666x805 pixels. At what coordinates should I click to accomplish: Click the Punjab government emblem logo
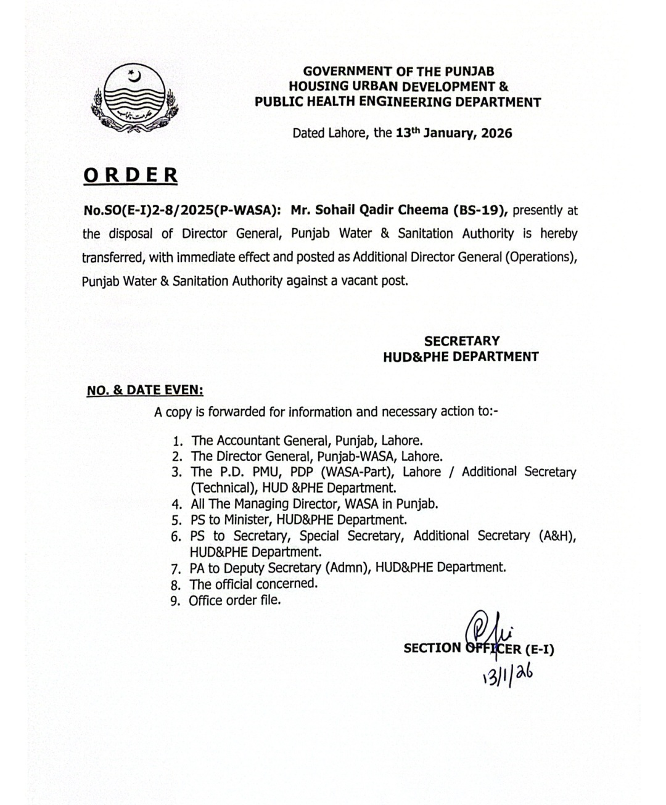click(x=133, y=99)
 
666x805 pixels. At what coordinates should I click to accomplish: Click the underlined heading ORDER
click(x=131, y=175)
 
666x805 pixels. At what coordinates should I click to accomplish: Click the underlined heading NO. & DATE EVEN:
click(x=145, y=390)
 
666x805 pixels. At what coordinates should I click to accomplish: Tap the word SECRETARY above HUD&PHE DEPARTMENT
click(x=461, y=340)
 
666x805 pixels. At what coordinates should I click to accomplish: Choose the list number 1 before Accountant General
click(x=178, y=441)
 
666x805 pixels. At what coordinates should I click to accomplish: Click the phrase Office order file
click(x=234, y=600)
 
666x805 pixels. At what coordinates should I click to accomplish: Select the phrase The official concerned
click(x=253, y=584)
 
